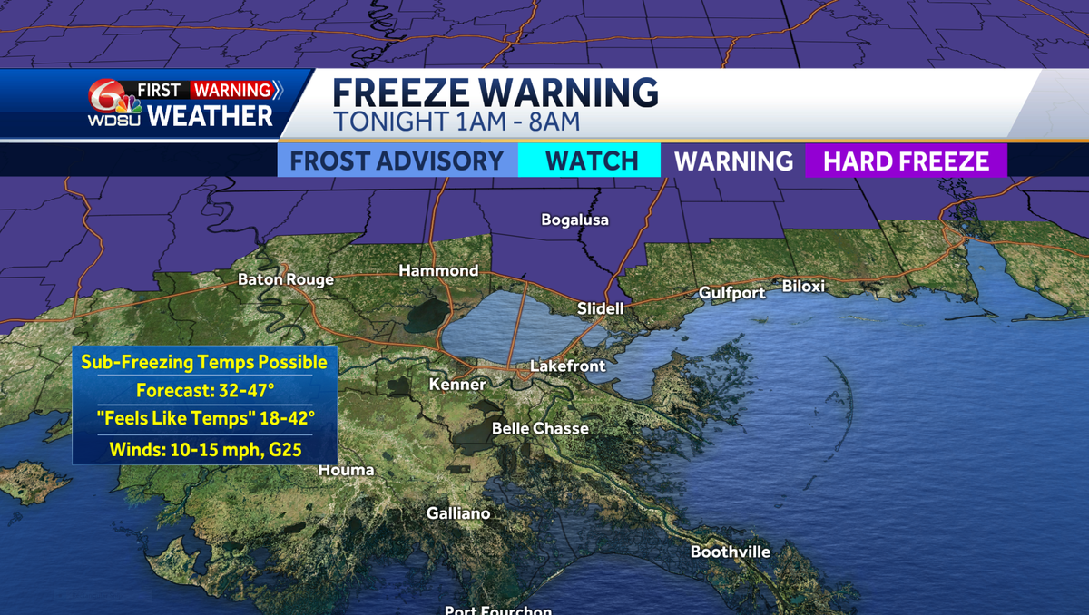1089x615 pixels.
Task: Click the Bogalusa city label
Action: point(574,220)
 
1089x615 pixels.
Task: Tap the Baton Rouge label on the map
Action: point(285,279)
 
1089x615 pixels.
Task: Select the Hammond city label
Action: point(438,270)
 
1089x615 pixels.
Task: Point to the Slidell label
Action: point(600,308)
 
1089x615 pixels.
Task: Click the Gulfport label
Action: point(732,292)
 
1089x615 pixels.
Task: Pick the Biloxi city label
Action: point(803,287)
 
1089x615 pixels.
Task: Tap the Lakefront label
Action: point(567,366)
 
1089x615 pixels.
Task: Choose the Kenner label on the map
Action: point(457,385)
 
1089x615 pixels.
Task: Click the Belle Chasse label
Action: point(540,428)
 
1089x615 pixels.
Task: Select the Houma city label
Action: point(346,470)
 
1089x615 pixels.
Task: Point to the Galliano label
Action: point(458,513)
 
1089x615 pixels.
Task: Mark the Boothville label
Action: point(730,552)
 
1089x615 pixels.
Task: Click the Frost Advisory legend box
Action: point(397,161)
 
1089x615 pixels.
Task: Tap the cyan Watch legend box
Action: point(591,161)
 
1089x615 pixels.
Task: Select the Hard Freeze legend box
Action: point(905,161)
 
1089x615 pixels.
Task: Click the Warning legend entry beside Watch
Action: point(733,161)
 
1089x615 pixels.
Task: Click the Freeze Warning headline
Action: point(495,93)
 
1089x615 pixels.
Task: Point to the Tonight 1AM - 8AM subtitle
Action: point(456,121)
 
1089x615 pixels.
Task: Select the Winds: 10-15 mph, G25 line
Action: point(205,448)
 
